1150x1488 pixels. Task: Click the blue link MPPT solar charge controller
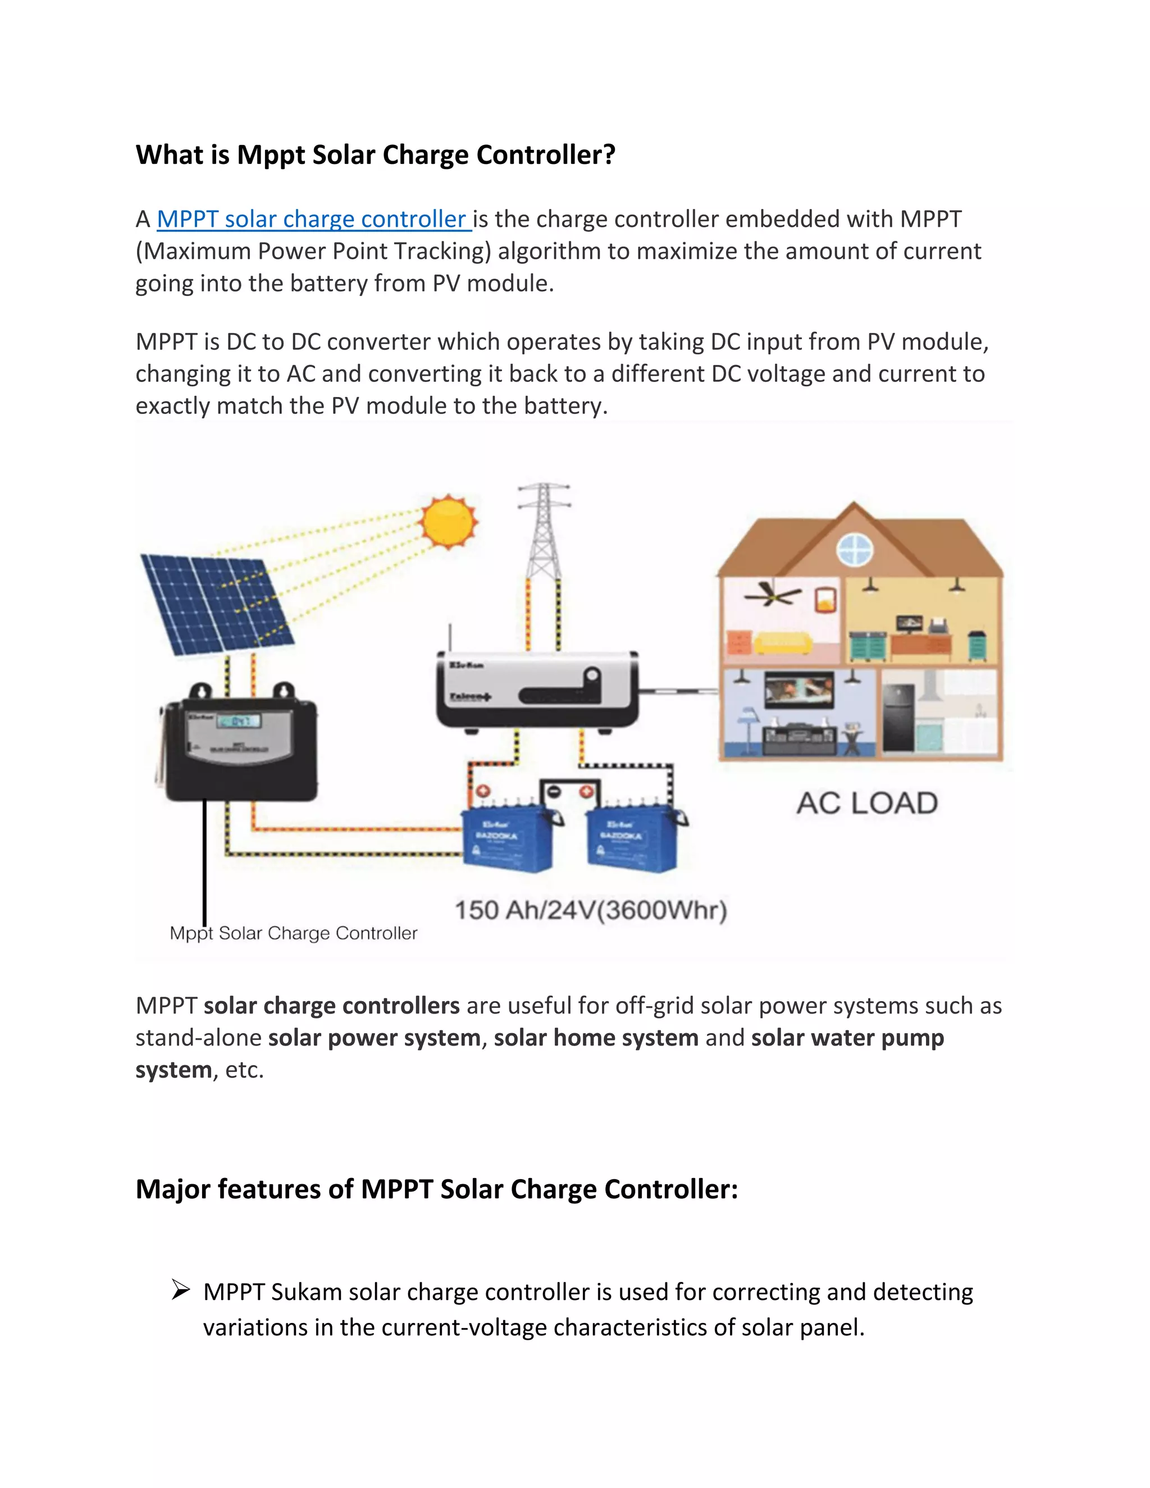(x=313, y=220)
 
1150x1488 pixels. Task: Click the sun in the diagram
(x=448, y=521)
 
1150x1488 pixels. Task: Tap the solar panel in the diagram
(x=217, y=603)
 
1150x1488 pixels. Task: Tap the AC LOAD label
(x=867, y=804)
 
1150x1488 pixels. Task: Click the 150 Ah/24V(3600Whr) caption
(x=591, y=910)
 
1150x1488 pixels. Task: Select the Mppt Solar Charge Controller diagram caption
(x=293, y=933)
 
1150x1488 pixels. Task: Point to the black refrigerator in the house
(x=898, y=718)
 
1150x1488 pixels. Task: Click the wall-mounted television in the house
(x=799, y=689)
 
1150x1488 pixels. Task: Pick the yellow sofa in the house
(x=783, y=642)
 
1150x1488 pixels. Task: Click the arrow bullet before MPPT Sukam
(x=181, y=1290)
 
